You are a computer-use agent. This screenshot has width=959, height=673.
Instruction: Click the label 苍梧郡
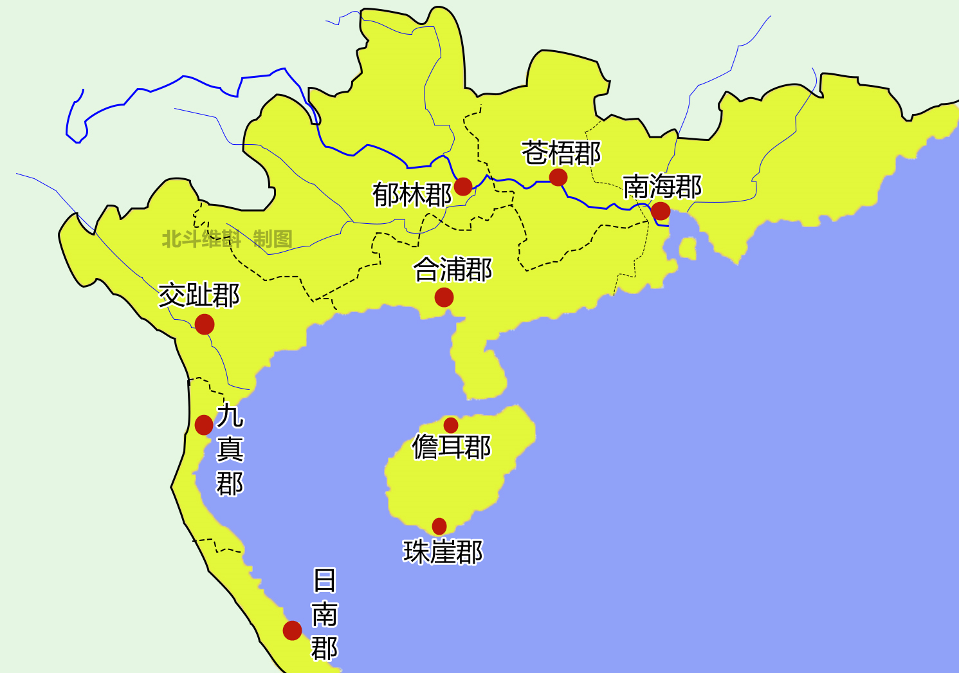tap(561, 154)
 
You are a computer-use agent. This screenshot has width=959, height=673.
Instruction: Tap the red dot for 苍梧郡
tap(558, 177)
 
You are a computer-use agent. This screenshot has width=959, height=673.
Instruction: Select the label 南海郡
tap(662, 187)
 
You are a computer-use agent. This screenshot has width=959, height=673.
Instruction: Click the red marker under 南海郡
tap(661, 210)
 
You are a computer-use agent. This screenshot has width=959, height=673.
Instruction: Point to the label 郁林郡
tap(412, 195)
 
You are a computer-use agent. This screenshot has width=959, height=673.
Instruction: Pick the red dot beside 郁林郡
tap(463, 187)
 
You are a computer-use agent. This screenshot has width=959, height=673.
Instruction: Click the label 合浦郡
tap(453, 270)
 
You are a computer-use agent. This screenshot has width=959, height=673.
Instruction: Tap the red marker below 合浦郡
tap(444, 297)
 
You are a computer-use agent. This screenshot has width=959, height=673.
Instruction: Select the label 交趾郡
tap(199, 295)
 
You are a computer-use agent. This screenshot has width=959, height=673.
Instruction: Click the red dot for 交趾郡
tap(205, 324)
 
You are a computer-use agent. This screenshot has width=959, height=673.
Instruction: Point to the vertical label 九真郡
tap(230, 450)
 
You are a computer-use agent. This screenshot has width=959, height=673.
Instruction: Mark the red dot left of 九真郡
tap(204, 425)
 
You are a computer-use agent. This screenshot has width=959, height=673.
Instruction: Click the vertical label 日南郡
tap(325, 614)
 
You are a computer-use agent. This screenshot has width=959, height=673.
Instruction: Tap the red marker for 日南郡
tap(292, 630)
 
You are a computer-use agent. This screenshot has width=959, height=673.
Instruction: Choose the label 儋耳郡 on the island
tap(452, 447)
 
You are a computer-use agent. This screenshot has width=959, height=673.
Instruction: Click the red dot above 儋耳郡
tap(451, 425)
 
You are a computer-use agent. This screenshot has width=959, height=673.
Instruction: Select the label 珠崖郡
tap(443, 552)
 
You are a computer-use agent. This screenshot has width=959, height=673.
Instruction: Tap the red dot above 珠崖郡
tap(439, 526)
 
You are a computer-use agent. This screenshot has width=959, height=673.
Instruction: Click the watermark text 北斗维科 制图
tap(226, 239)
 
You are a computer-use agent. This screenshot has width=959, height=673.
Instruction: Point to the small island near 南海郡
tap(688, 248)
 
